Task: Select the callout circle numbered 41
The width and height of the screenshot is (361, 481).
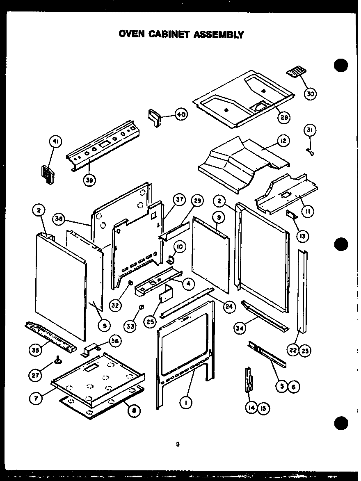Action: click(x=55, y=142)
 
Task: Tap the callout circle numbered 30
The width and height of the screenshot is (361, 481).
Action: click(x=311, y=94)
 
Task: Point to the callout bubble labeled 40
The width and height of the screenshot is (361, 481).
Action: click(x=180, y=114)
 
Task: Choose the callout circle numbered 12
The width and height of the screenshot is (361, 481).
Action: click(x=283, y=141)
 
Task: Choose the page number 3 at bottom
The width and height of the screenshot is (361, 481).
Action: click(x=178, y=444)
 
